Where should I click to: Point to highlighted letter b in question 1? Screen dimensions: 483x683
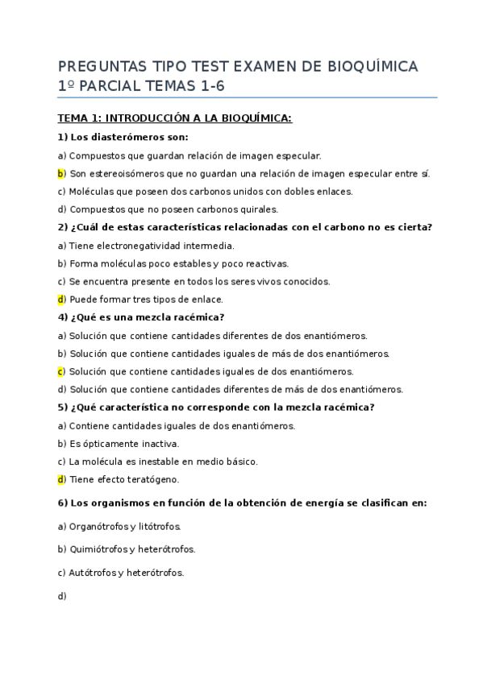point(60,173)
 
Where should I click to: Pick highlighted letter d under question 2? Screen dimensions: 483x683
point(60,300)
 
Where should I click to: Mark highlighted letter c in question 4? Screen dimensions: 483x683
point(60,371)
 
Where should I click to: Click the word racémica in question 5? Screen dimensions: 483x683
point(349,407)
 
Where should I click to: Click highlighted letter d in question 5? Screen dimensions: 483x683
point(60,479)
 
